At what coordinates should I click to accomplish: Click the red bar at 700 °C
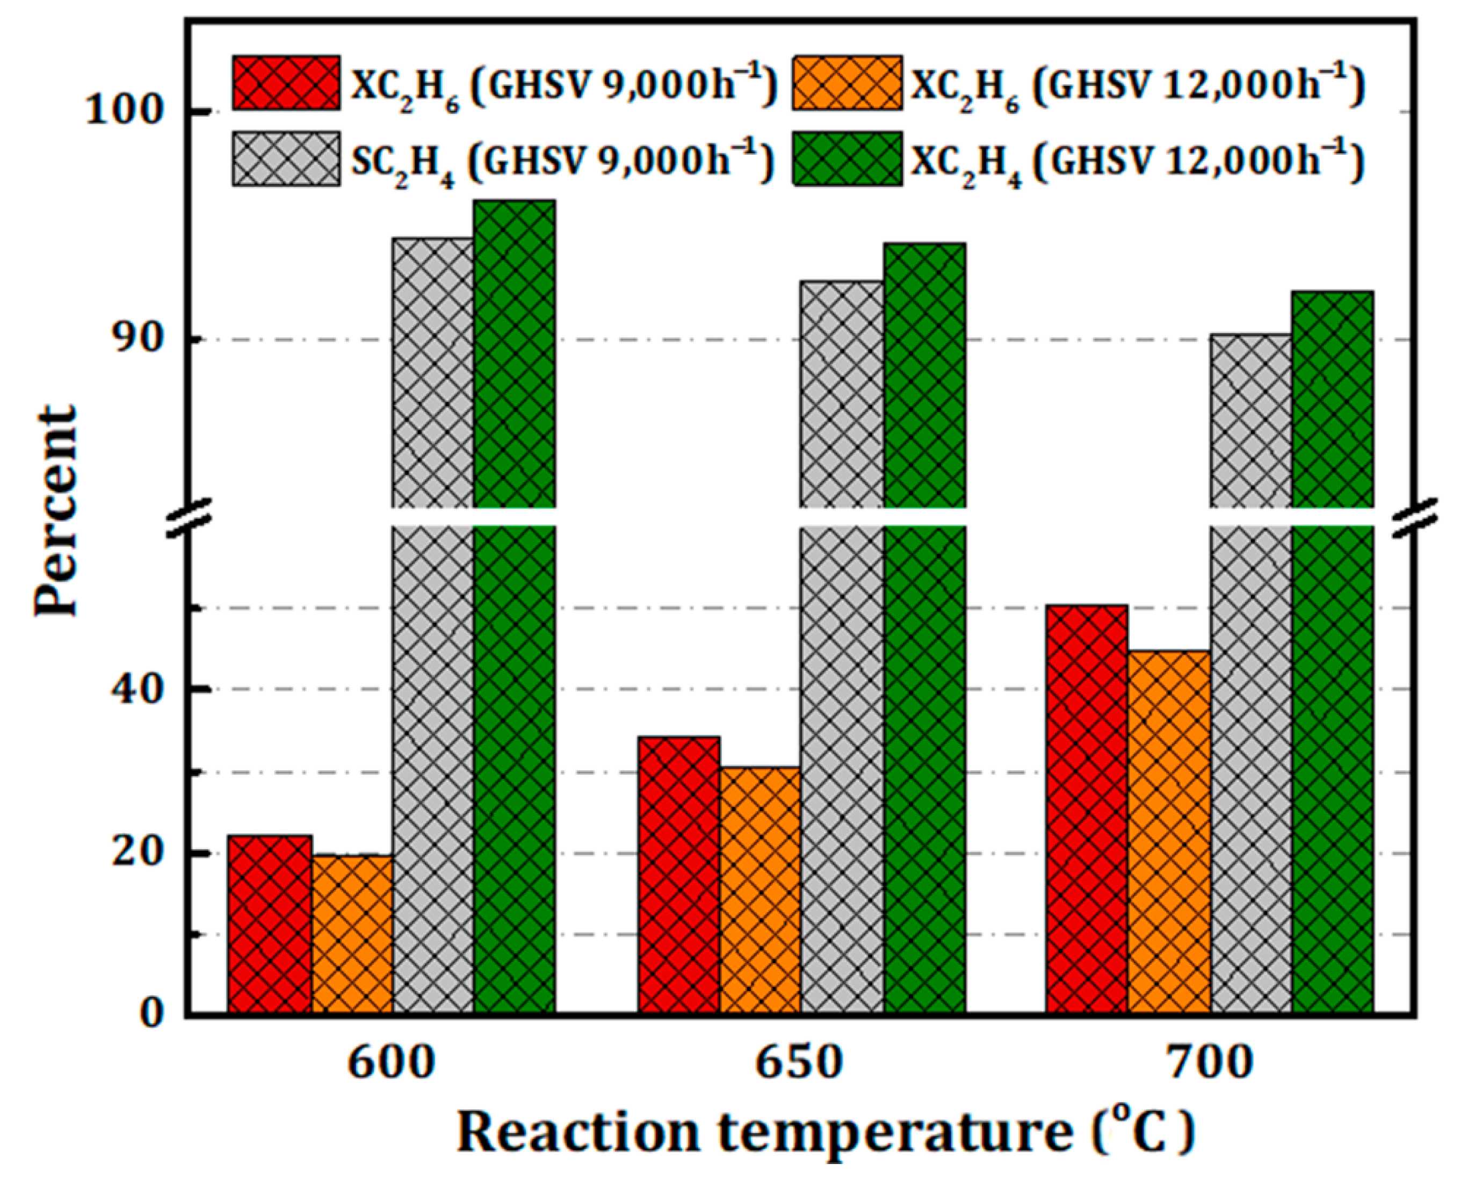pos(1087,810)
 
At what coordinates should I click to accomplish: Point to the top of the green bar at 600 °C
pos(515,201)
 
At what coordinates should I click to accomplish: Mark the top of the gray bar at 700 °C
pos(1251,335)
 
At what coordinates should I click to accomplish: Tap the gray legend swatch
pos(286,158)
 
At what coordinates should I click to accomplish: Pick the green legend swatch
pos(847,158)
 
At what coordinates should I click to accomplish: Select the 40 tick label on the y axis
pos(140,689)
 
